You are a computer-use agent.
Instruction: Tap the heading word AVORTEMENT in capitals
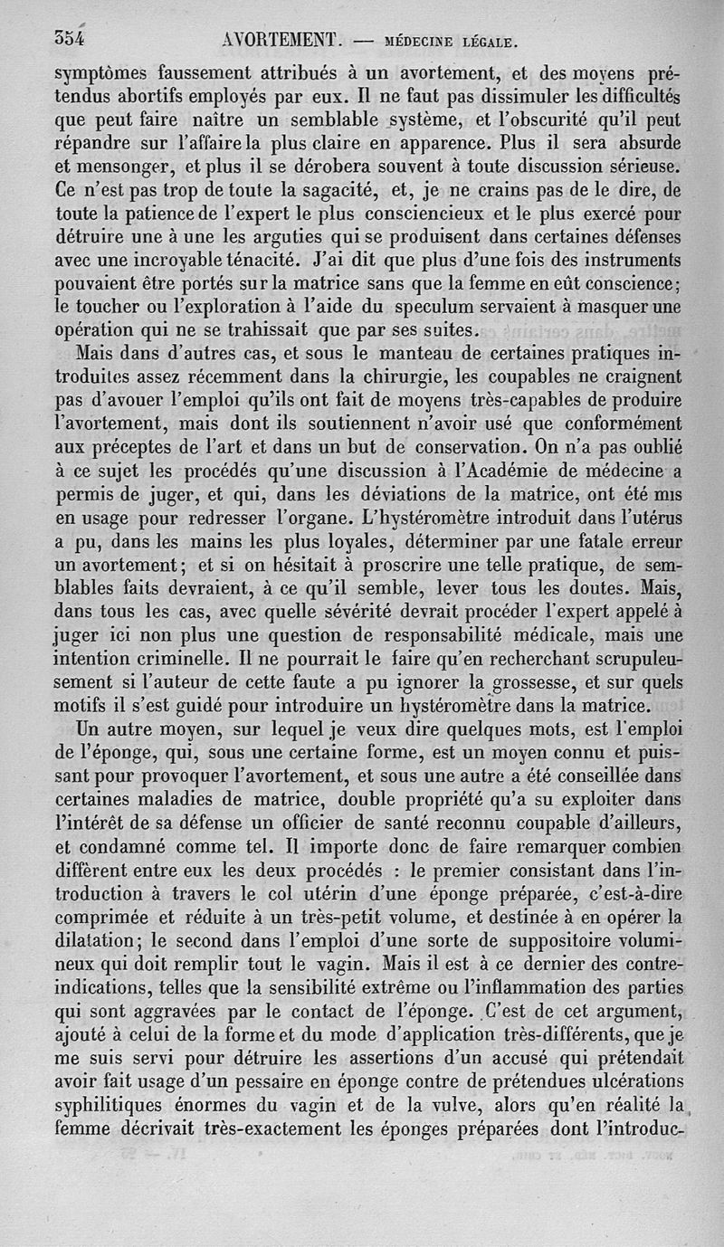click(280, 39)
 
